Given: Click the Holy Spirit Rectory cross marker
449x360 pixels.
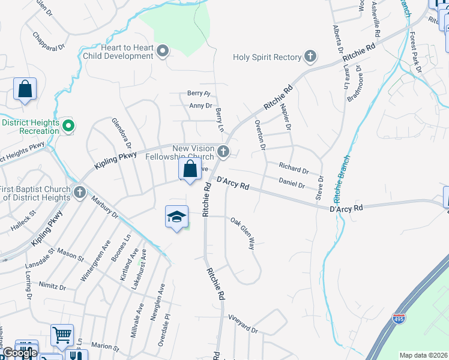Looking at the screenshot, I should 310,57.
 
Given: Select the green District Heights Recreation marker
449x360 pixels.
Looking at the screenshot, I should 68,126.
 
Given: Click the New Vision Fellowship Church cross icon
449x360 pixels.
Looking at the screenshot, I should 223,152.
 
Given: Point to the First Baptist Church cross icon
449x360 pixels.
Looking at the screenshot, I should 80,193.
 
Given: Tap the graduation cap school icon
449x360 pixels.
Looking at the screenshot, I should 177,217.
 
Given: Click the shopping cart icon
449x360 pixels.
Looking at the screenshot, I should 62,335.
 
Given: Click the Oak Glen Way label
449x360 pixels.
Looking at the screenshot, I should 243,233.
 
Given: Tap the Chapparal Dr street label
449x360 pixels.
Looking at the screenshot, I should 49,41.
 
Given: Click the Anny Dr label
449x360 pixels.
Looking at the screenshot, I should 200,106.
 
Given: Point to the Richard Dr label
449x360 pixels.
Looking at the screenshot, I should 294,167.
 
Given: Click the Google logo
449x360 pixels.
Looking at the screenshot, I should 19,353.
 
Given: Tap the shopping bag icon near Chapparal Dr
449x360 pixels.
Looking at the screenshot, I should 25,89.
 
